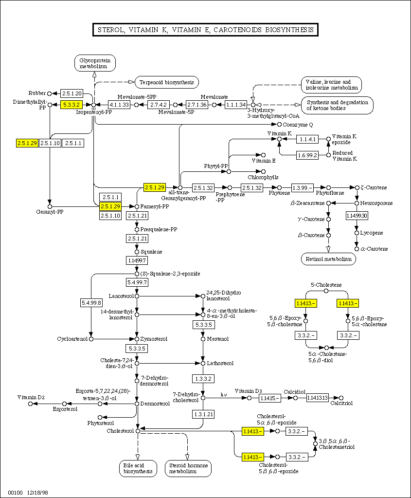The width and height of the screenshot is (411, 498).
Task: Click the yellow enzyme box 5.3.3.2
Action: (71, 105)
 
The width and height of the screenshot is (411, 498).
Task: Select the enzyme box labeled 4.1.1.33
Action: (119, 105)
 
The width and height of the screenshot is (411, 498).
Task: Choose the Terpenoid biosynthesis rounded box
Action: (167, 82)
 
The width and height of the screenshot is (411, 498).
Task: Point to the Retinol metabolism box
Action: (328, 259)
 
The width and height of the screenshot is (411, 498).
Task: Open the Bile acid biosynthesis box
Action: (138, 468)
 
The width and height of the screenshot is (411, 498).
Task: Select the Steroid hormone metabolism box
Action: (188, 468)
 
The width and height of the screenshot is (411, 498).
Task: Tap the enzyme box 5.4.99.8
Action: (91, 303)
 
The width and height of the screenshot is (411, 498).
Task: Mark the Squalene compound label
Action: (151, 252)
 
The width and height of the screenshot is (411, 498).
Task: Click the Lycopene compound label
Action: (372, 233)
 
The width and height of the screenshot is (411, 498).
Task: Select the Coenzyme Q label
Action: (297, 125)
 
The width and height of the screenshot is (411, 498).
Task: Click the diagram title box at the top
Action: (205, 30)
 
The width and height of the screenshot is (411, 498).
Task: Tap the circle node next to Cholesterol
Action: (138, 431)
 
